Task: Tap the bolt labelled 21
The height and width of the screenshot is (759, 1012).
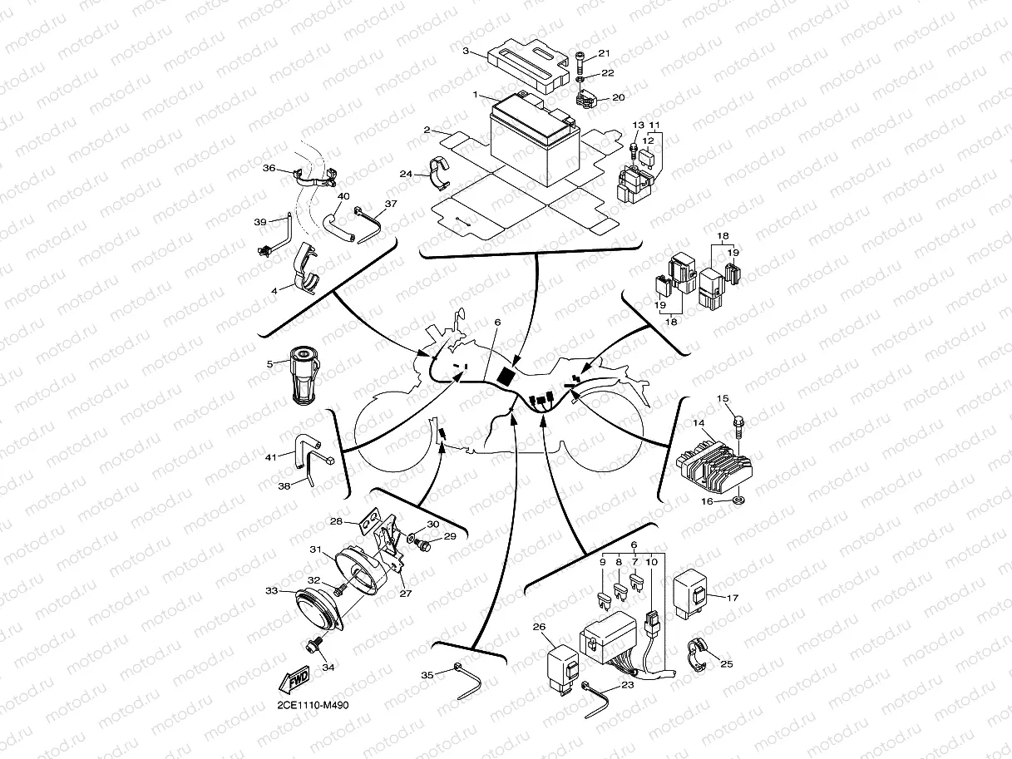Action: pos(580,61)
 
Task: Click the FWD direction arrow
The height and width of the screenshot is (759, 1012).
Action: pos(296,680)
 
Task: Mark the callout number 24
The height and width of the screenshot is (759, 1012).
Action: pos(405,175)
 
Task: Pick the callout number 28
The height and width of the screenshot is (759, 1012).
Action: pos(337,522)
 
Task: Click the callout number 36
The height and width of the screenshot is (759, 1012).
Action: pos(269,168)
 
